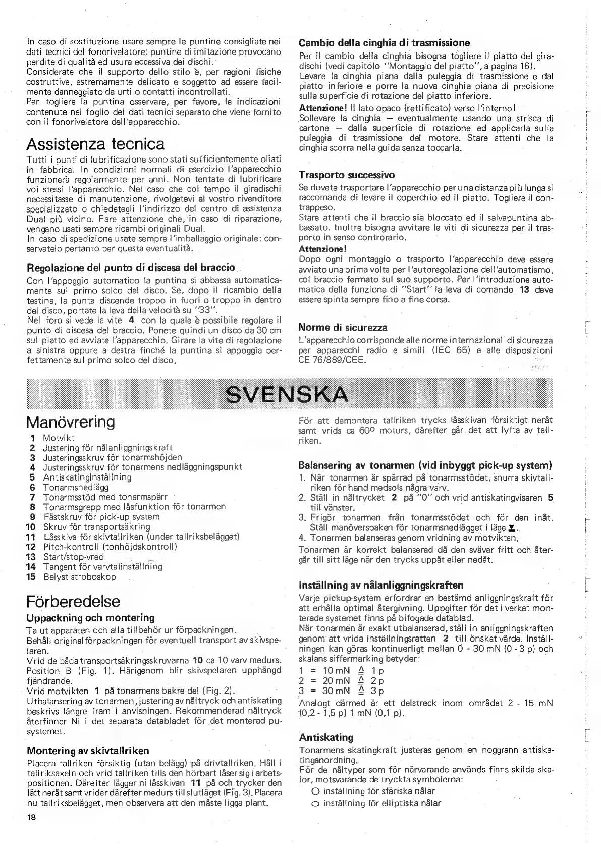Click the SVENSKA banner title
coord(287,393)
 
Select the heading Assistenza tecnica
coord(95,144)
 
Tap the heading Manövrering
coord(71,421)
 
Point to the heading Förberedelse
coord(74,601)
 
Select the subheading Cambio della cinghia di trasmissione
coord(384,43)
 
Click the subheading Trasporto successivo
coord(347,175)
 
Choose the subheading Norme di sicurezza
coord(343,328)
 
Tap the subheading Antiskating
coord(326,737)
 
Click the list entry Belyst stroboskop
coord(79,577)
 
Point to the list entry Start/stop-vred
coord(73,557)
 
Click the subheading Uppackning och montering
coord(90,618)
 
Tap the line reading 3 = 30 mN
coord(341,691)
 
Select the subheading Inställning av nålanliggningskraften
coord(381,586)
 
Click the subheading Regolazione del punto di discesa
coord(131,267)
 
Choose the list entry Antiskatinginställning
coord(87,477)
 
